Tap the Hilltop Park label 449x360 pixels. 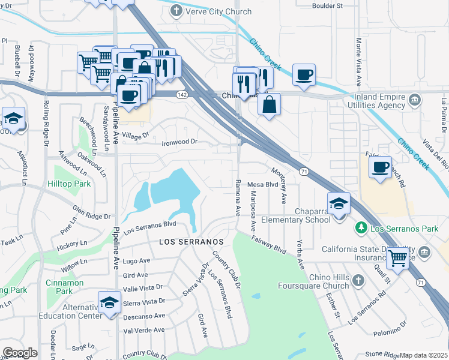(70, 184)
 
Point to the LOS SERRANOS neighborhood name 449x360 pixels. (191, 241)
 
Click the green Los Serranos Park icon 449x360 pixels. (361, 228)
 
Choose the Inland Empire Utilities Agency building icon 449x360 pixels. (414, 99)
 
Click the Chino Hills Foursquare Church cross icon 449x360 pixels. (358, 280)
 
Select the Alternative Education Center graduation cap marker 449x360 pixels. (109, 302)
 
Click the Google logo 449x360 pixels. (20, 353)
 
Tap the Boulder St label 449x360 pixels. (327, 5)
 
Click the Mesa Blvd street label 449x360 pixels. (263, 185)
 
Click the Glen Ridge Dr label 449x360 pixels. (91, 213)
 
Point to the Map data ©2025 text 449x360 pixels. (424, 355)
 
